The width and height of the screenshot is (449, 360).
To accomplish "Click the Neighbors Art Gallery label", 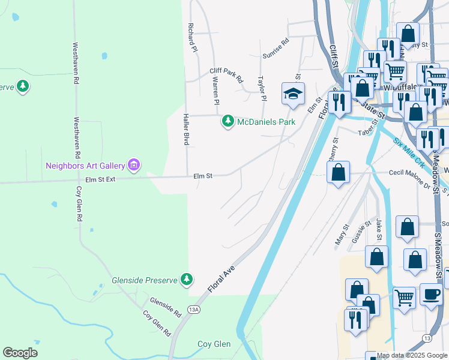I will coord(85,165).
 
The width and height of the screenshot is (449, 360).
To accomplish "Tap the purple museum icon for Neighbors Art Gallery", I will coord(133,164).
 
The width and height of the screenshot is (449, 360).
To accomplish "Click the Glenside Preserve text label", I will coord(145,280).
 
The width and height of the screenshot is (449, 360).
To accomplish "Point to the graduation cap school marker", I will coord(293,94).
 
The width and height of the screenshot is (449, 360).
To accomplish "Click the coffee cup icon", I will coord(430,294).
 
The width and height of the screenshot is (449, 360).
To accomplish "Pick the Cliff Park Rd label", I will coord(226,75).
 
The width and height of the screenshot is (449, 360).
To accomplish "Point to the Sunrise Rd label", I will coord(276,49).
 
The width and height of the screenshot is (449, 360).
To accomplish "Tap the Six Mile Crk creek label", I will coord(409,153).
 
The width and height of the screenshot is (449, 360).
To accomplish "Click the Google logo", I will coord(20,353).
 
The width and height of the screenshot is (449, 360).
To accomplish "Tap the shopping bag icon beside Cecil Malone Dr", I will coord(339,172).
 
